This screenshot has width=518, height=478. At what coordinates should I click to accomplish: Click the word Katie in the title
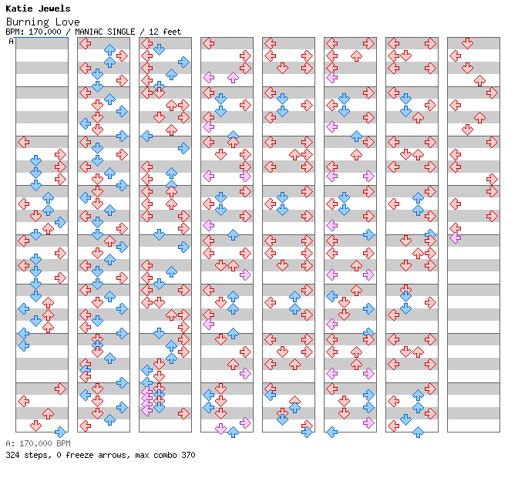point(20,9)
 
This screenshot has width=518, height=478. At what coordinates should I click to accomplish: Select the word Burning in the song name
point(26,22)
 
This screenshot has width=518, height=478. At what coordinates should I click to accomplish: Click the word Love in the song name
point(60,22)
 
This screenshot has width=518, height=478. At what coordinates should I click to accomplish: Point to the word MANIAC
point(90,32)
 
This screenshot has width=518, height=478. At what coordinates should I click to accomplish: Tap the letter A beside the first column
point(11,42)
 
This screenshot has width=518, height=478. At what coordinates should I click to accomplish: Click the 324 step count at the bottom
point(12,455)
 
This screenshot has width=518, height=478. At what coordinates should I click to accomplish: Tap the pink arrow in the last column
point(455,237)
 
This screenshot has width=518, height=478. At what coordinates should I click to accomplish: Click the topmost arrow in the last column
point(467,43)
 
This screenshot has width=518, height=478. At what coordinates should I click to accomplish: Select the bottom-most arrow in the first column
point(60,432)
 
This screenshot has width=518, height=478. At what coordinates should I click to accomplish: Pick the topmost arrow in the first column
point(23,142)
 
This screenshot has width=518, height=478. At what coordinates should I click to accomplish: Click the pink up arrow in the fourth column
point(233,77)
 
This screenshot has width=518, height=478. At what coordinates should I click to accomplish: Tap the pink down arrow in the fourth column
point(220,429)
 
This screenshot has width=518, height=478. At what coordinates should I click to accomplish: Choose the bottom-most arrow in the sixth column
point(331,432)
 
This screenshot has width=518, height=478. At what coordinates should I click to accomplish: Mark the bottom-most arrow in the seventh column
point(418,432)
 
